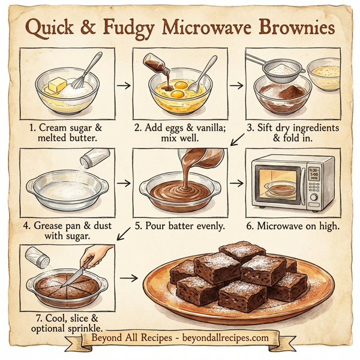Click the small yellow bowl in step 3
(324, 74)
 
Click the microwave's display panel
(313, 175)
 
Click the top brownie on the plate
(242, 251)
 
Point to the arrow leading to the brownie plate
(127, 278)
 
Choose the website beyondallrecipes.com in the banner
(226, 337)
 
